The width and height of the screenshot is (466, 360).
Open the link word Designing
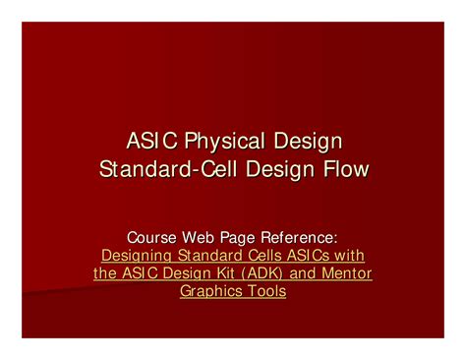pyautogui.click(x=137, y=255)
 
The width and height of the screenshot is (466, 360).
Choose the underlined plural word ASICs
pyautogui.click(x=308, y=255)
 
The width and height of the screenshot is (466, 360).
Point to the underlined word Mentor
pyautogui.click(x=344, y=273)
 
